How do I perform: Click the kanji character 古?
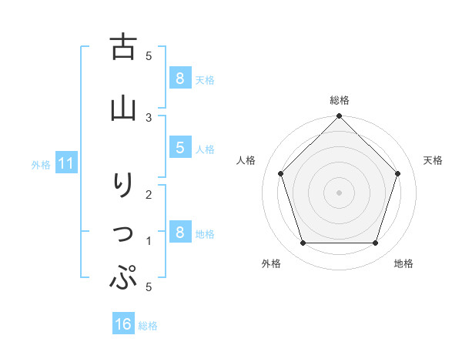pyautogui.click(x=124, y=48)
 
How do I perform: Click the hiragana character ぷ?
pyautogui.click(x=124, y=277)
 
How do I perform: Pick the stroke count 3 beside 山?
pyautogui.click(x=149, y=117)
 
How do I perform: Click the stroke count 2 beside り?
pyautogui.click(x=149, y=194)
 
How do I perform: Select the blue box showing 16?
pyautogui.click(x=123, y=324)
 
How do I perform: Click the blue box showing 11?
pyautogui.click(x=66, y=163)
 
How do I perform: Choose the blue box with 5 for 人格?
pyautogui.click(x=179, y=148)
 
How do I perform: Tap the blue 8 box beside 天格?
pyautogui.click(x=179, y=78)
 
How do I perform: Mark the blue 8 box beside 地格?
pyautogui.click(x=179, y=233)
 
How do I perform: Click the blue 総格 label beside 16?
pyautogui.click(x=148, y=326)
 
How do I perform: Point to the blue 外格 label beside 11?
pyautogui.click(x=41, y=164)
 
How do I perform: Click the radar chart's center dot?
pyautogui.click(x=339, y=192)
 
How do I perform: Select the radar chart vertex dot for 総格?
pyautogui.click(x=339, y=117)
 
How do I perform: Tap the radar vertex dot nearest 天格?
pyautogui.click(x=397, y=173)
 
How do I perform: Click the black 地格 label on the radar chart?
pyautogui.click(x=403, y=263)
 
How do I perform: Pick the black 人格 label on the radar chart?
pyautogui.click(x=246, y=160)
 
